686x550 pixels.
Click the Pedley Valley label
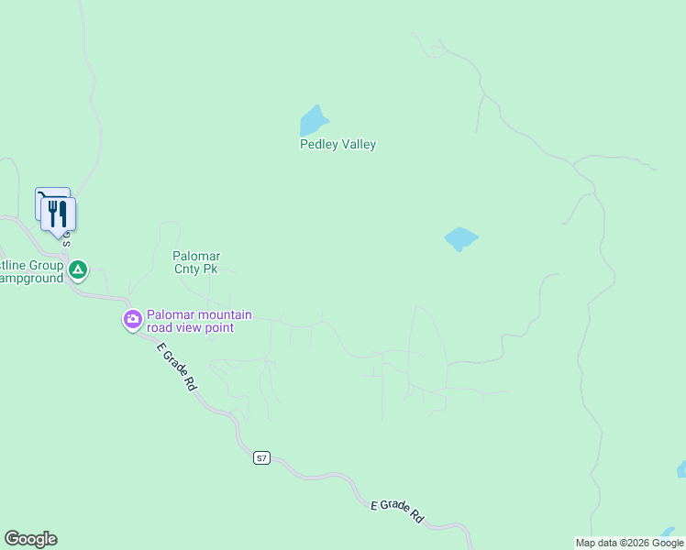(337, 145)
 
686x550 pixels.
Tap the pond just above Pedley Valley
(313, 120)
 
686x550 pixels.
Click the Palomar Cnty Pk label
(196, 262)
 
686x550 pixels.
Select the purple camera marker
(133, 319)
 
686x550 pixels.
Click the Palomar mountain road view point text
(199, 321)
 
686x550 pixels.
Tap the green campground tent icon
(79, 269)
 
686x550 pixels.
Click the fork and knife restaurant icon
(59, 214)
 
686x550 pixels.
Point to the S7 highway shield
(262, 457)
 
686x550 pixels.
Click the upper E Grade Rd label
(176, 367)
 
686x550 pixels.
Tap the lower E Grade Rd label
(397, 511)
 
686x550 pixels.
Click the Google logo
(30, 539)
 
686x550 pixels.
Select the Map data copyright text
(629, 543)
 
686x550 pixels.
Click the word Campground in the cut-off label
(31, 278)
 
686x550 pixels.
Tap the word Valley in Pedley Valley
(358, 145)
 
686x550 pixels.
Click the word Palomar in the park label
(196, 256)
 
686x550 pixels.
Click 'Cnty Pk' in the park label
(196, 269)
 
